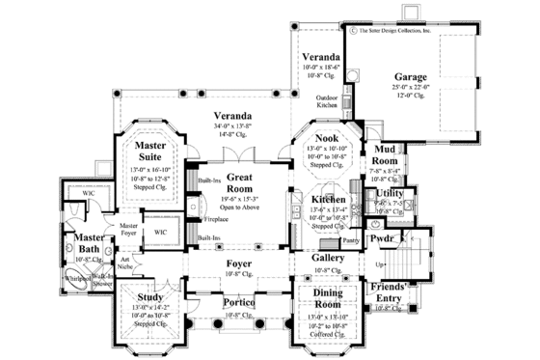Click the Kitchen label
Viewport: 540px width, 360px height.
coord(329,199)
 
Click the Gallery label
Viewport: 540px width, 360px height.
coord(327,259)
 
